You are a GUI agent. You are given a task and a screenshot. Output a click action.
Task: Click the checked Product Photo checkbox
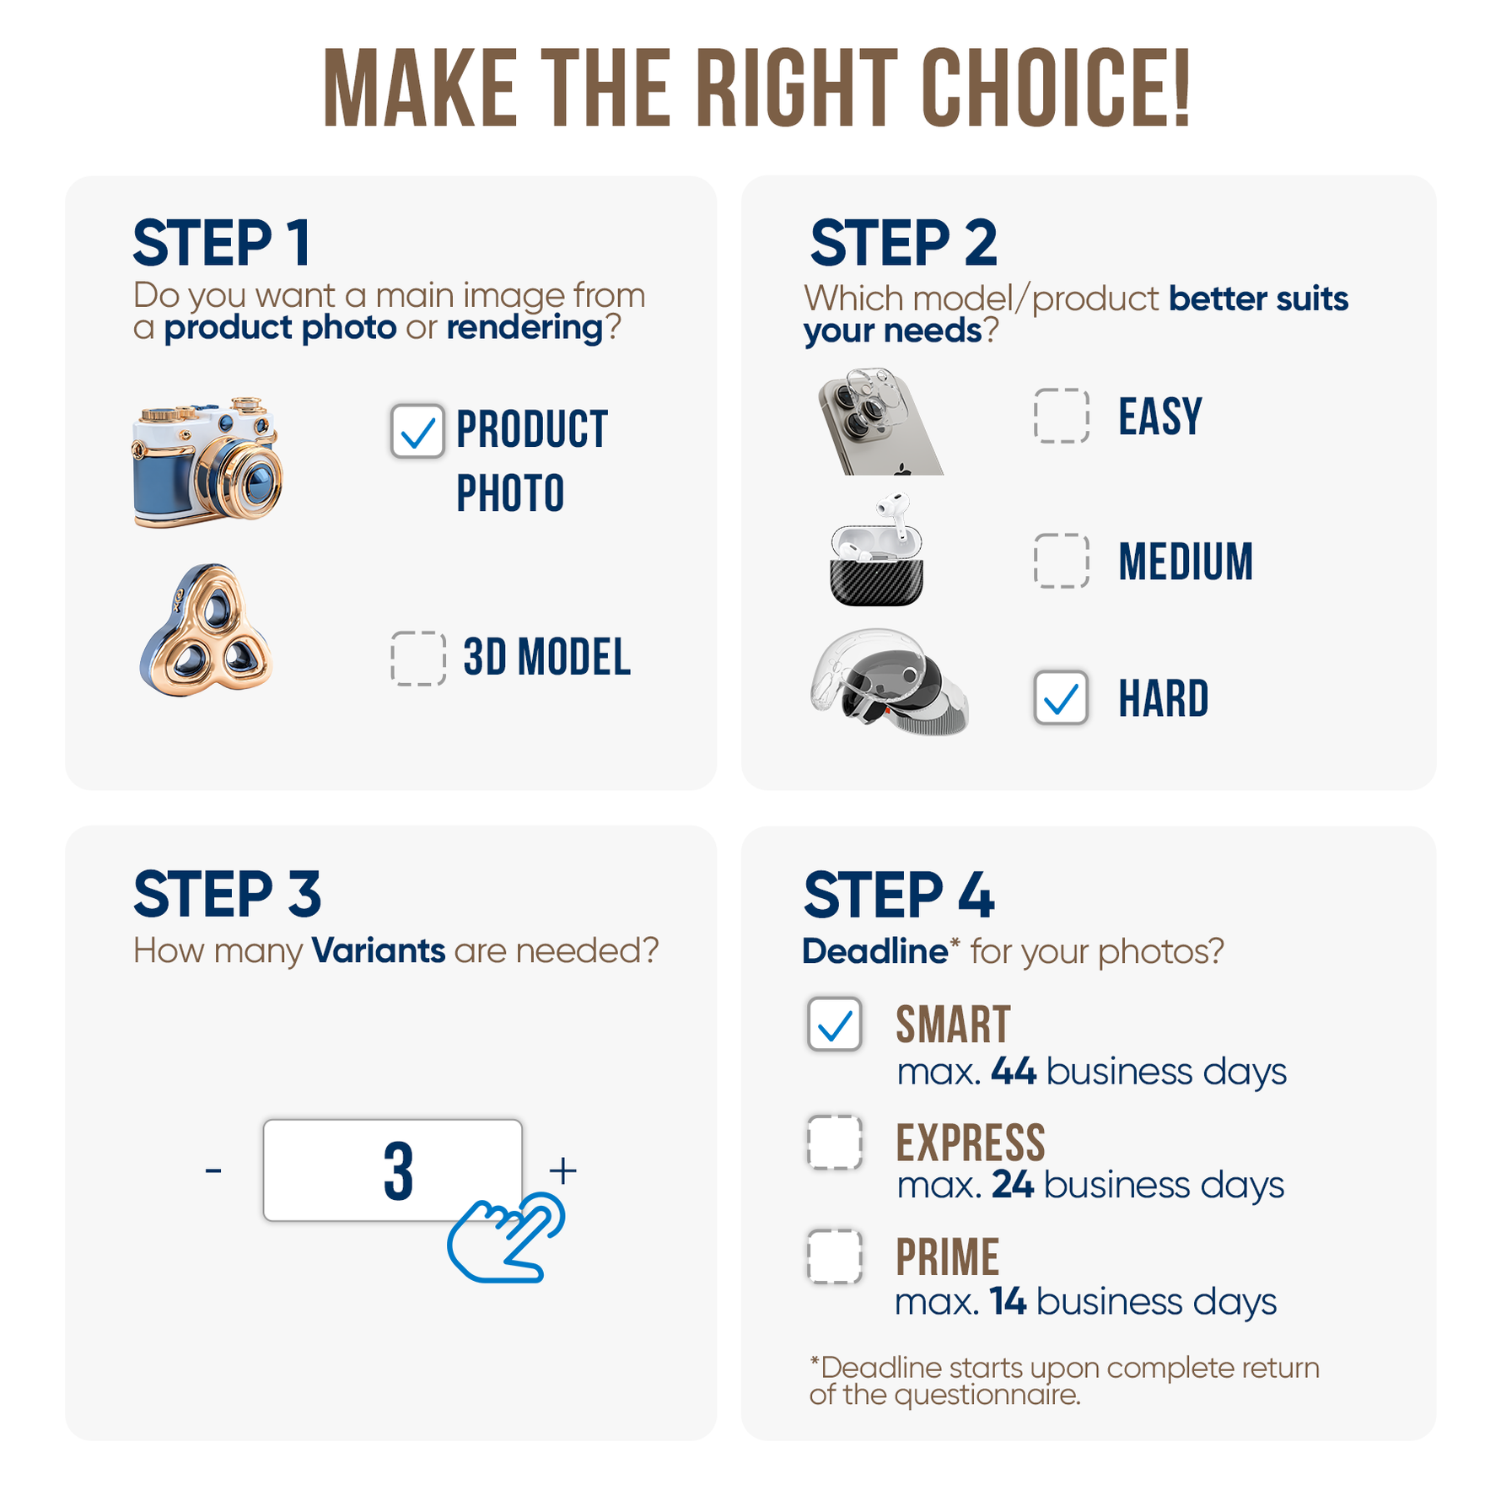point(417,431)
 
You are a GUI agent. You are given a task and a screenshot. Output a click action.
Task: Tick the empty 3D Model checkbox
point(418,658)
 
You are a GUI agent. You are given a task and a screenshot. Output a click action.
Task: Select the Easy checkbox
point(1062,416)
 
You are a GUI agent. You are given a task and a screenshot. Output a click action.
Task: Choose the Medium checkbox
point(1062,561)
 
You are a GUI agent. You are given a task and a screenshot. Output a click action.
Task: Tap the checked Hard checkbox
point(1061,697)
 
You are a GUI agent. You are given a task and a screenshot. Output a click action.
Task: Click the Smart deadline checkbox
point(835,1025)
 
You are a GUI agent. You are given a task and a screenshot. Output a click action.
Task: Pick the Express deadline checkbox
point(835,1143)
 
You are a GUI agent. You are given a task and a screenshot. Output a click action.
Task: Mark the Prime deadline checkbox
point(835,1256)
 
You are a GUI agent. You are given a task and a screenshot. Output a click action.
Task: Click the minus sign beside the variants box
point(213,1170)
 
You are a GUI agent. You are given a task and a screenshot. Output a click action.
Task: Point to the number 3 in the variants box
point(398,1171)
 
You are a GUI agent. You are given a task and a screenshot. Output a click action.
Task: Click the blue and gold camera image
point(207,462)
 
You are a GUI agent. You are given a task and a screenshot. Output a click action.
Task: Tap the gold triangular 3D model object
point(206,631)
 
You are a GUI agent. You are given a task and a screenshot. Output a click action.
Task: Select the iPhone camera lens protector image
point(880,421)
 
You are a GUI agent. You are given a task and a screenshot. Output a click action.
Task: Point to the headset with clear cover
point(890,681)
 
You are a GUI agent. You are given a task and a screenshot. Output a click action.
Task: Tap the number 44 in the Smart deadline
point(1013,1071)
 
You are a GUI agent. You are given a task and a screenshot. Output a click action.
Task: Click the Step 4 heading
point(899,895)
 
